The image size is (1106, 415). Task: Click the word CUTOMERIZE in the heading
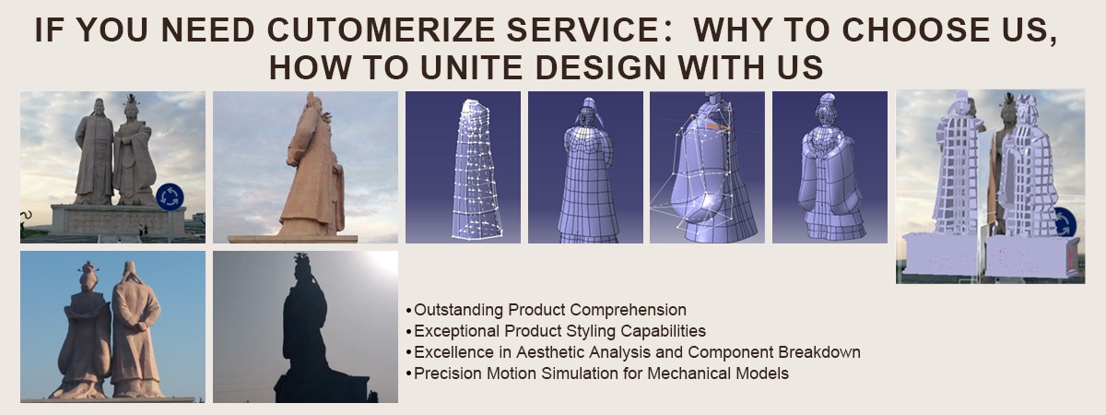point(381,30)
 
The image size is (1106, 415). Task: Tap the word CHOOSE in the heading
point(916,30)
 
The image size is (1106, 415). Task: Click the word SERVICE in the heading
point(589,30)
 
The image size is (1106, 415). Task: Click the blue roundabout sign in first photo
point(170,196)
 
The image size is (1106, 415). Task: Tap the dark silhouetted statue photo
point(305,326)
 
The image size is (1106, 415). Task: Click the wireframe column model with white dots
point(475,170)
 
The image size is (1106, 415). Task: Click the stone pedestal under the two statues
point(119,219)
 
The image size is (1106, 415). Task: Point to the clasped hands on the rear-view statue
point(140,326)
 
